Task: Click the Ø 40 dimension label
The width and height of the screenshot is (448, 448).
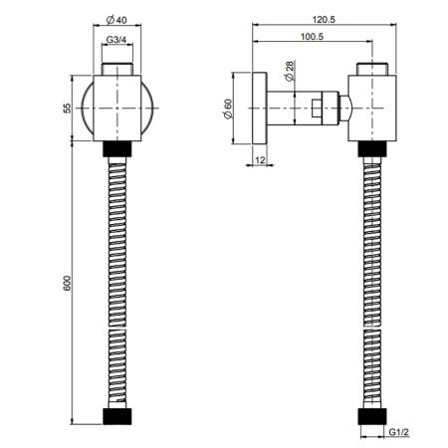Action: [x=116, y=20]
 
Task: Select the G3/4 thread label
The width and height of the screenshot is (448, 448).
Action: [x=116, y=40]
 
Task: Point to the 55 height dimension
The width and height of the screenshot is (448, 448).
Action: [x=67, y=109]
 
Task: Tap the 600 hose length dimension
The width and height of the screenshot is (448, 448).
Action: [x=67, y=283]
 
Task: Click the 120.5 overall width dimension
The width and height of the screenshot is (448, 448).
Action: [x=324, y=20]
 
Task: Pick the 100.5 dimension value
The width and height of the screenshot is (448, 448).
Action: [x=312, y=36]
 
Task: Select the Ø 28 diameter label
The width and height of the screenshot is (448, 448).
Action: [x=290, y=71]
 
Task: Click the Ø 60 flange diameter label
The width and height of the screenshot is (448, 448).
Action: [x=228, y=109]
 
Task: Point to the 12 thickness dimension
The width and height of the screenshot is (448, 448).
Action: [x=261, y=160]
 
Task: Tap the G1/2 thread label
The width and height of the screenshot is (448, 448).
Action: [x=399, y=432]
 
